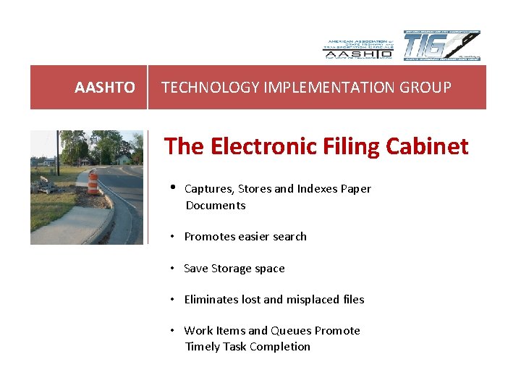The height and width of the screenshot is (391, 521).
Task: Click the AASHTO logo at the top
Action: point(357,49)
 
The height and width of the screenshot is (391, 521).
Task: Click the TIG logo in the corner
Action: point(441,46)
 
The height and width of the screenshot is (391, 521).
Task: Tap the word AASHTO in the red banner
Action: point(104,88)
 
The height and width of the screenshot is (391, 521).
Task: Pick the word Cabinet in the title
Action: point(428,146)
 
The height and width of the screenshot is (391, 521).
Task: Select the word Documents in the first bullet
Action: point(216,206)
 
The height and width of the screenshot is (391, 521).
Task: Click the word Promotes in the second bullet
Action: point(208,237)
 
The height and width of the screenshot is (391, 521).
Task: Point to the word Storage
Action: point(232,269)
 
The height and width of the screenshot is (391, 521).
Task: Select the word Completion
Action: point(280,347)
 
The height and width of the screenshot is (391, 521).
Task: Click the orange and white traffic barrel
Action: point(93,185)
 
